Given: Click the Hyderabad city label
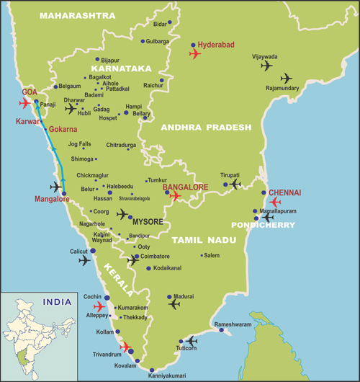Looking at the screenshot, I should point(216,45).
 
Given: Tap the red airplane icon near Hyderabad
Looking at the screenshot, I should point(194,54).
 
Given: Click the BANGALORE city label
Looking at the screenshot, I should point(185,187).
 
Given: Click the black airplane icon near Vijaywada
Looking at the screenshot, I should point(266,66).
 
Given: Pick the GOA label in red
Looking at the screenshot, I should point(30,92).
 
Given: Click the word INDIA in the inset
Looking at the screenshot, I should point(57,302).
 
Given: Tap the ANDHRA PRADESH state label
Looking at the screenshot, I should point(206,127).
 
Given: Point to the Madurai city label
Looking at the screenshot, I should point(184,296).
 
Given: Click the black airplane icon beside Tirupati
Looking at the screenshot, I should point(234,185).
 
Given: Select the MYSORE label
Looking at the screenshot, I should point(148,221).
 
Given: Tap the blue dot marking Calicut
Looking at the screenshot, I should point(92,250).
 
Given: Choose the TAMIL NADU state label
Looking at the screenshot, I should point(201,239).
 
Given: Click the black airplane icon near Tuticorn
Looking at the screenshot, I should point(191,341).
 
